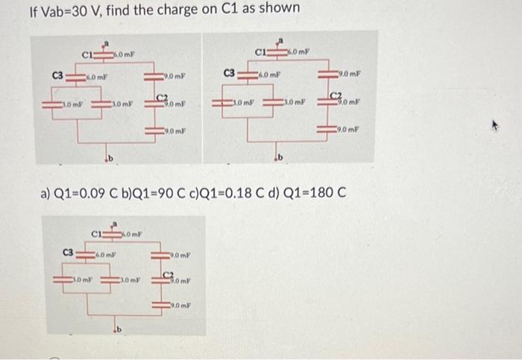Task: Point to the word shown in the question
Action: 280,10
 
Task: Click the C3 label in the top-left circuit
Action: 56,75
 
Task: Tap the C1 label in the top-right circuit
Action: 262,52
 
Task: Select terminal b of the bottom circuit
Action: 118,329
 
